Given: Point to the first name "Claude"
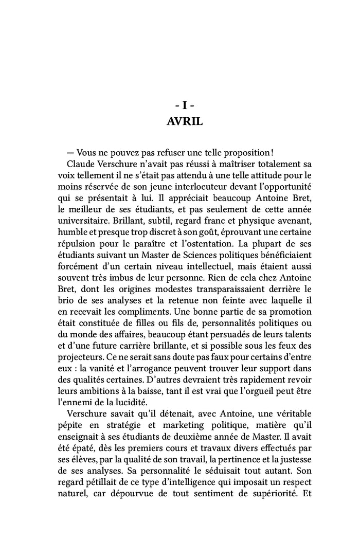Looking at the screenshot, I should point(80,165).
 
